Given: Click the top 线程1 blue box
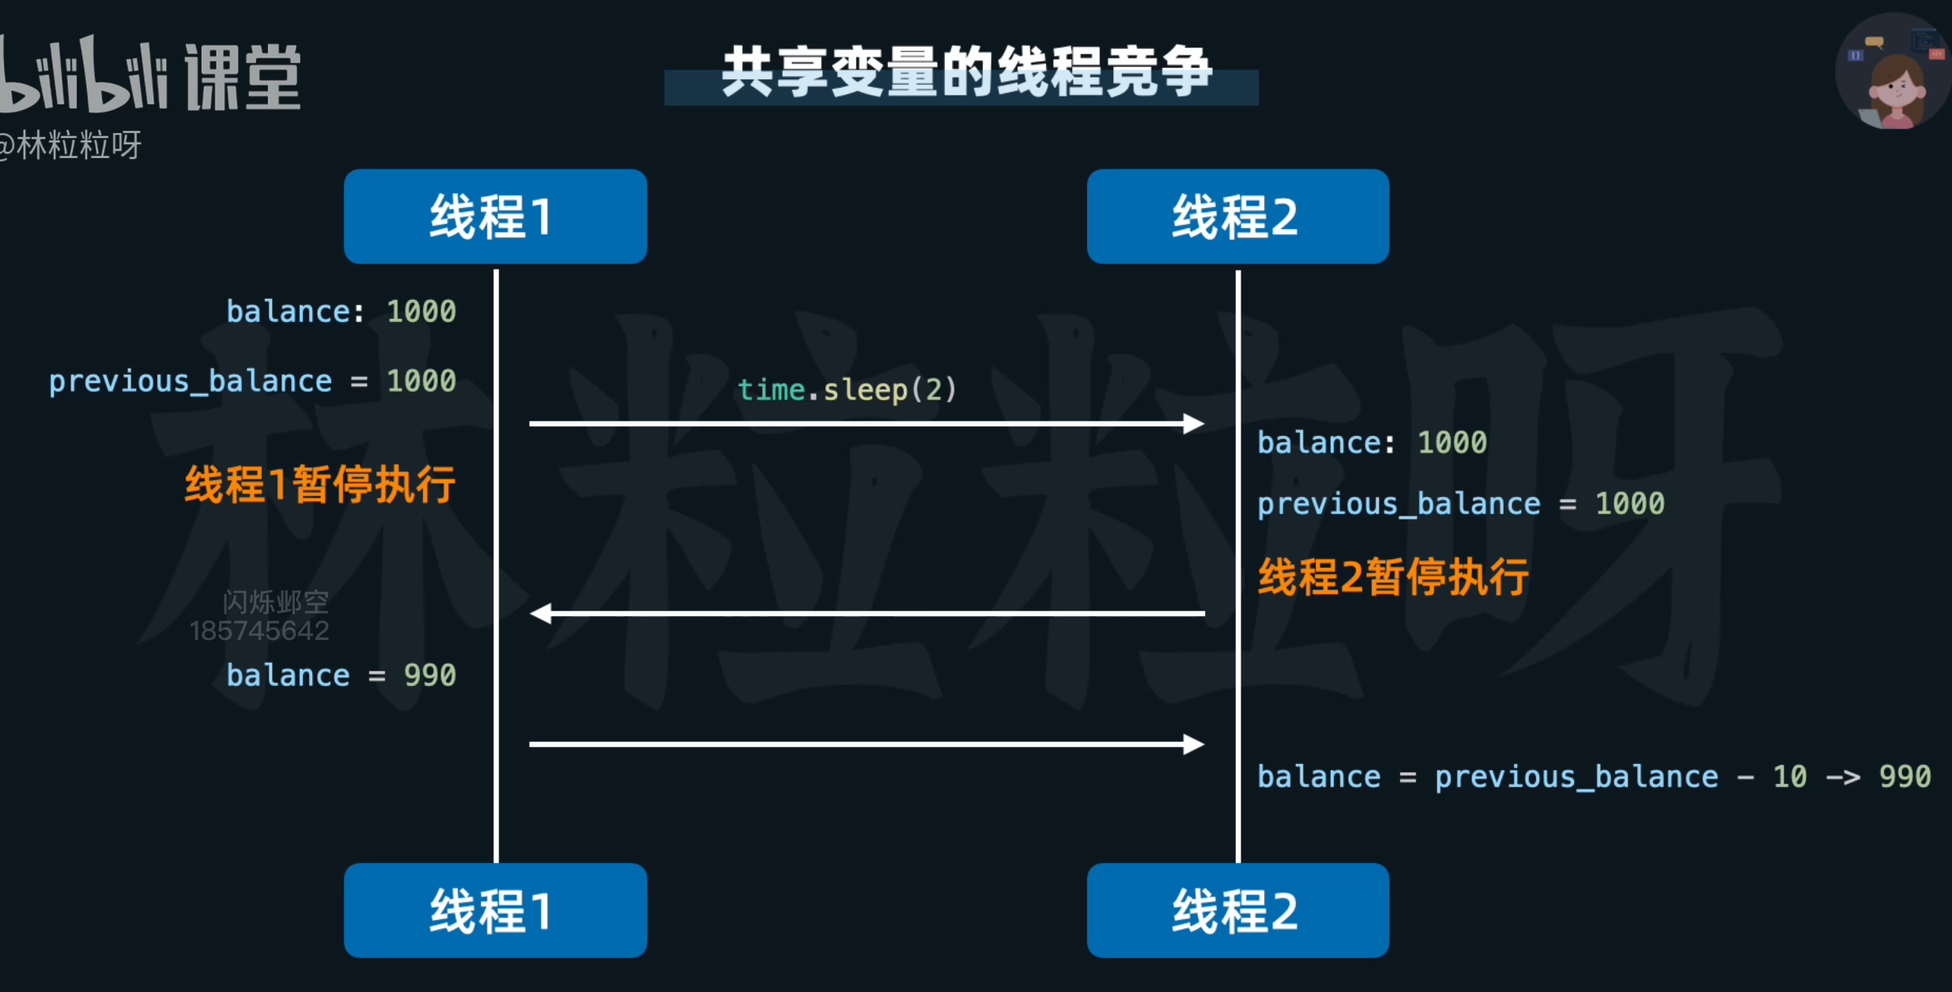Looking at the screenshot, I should tap(495, 216).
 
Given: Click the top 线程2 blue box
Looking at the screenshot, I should tap(1237, 216).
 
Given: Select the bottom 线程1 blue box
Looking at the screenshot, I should tap(495, 911).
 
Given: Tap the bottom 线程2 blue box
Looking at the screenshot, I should tap(1237, 911).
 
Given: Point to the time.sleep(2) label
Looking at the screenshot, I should tap(847, 389).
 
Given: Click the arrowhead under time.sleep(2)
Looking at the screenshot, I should tap(1194, 424).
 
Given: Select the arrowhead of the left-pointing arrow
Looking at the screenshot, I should tap(542, 613).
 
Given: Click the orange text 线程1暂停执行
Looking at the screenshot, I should tap(319, 484).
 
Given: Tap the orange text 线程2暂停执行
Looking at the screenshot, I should tap(1393, 577).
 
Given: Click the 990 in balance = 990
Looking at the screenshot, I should tap(429, 676).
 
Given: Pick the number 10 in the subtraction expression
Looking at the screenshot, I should tap(1789, 777).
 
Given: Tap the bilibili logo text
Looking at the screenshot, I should tap(83, 75).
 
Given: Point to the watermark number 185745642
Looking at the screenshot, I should tap(259, 631).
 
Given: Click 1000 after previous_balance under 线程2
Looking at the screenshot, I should tap(1629, 504).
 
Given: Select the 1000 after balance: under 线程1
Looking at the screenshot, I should tap(421, 312).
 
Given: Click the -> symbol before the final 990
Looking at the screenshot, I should tap(1843, 777).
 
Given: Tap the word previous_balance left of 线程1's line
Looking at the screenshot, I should tap(190, 381).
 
